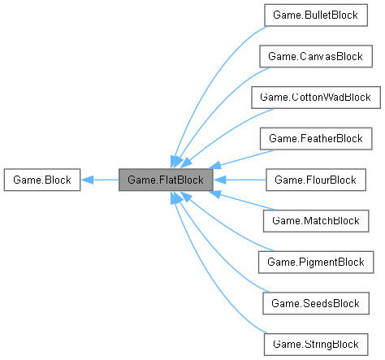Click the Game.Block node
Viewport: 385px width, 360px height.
pos(41,180)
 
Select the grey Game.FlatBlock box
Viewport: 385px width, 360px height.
pos(166,180)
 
